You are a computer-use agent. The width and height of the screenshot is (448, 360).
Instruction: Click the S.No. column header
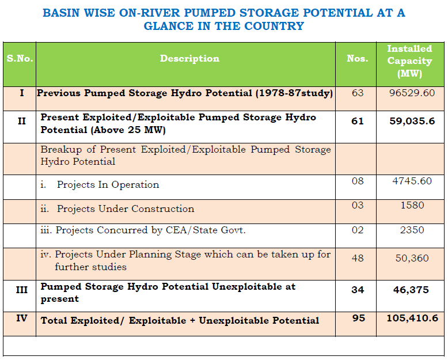tap(20, 59)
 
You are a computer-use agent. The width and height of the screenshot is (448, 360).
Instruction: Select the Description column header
tap(189, 59)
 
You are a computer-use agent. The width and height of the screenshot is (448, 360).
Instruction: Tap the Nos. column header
tap(357, 59)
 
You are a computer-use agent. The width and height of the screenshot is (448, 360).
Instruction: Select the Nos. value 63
tap(358, 93)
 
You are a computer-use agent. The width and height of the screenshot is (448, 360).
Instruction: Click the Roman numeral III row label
tap(22, 290)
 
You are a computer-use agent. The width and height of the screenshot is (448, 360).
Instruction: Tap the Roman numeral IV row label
tap(22, 318)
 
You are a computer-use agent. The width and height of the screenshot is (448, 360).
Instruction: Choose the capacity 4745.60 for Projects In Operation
tap(412, 181)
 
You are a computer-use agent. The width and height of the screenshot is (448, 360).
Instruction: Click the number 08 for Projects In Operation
tap(358, 181)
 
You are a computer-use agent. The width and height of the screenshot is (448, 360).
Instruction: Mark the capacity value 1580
tap(412, 205)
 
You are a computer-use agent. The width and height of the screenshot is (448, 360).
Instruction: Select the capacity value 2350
tap(412, 230)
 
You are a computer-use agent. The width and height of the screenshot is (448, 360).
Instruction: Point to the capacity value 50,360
tap(412, 259)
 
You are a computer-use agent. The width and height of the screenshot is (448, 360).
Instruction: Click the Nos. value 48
tap(358, 259)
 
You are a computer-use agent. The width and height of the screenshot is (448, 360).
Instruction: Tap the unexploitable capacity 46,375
tap(411, 290)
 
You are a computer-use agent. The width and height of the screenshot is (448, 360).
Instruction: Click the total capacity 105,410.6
tap(411, 319)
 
